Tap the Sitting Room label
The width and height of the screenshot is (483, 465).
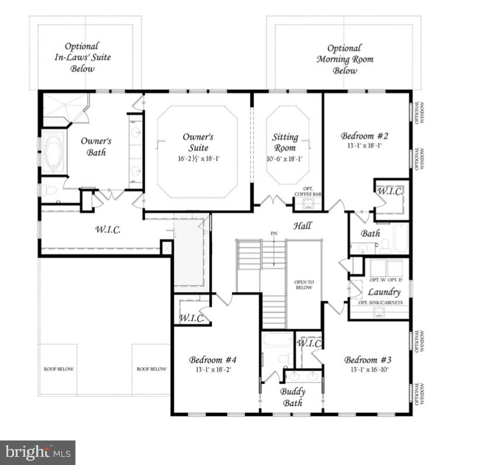(x=285, y=142)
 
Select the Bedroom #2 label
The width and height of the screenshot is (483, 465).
(x=364, y=136)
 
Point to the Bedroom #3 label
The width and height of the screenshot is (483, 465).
(x=367, y=359)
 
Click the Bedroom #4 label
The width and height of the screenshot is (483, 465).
(x=212, y=359)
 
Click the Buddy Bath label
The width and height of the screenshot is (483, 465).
(x=292, y=397)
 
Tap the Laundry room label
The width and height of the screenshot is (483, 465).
(x=384, y=292)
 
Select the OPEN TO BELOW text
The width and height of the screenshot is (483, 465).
(x=304, y=285)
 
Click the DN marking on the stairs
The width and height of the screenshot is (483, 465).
(x=274, y=234)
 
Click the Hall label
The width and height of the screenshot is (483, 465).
(x=302, y=226)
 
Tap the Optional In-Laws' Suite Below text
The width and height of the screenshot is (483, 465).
(x=82, y=57)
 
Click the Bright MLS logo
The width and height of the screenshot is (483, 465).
(x=37, y=452)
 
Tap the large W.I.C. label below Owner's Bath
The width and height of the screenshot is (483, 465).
(x=108, y=230)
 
